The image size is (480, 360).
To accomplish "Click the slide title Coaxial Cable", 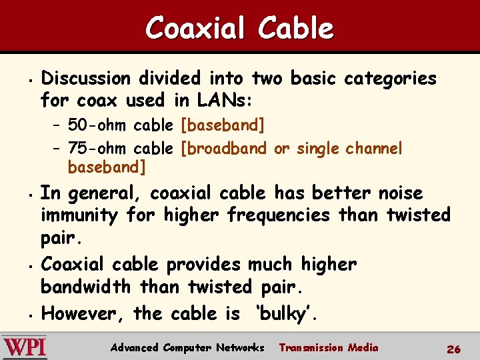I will point(239,28).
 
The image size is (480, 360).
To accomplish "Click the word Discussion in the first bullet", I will point(86,79).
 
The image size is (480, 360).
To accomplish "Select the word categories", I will point(390,79).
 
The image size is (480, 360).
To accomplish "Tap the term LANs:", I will point(223,101).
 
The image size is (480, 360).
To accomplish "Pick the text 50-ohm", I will point(99,125).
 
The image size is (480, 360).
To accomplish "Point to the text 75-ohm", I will point(99,148).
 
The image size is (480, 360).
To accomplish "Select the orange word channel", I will point(374,148).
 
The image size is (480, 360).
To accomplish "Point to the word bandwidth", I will point(87,287).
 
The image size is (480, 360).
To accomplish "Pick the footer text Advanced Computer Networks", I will point(187,348).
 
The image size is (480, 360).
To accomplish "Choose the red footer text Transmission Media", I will point(328,347).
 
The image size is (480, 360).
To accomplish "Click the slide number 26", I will point(454,349).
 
